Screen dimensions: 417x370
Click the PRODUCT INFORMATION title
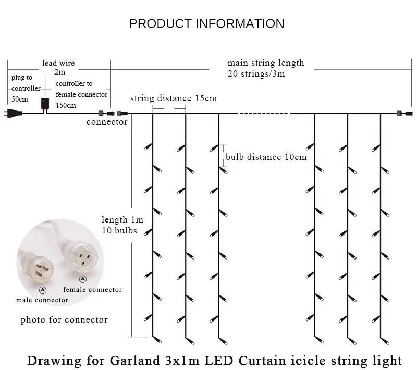point(206,23)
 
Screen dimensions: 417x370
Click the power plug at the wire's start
point(13,113)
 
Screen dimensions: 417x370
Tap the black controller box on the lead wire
point(45,104)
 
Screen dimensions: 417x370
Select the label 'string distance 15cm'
point(174,98)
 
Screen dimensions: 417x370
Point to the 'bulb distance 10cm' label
point(266,157)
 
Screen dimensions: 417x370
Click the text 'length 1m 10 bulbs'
point(122,225)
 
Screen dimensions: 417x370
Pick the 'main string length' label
point(266,63)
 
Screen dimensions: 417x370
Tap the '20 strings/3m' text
point(256,73)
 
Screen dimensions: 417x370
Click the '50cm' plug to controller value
point(20,99)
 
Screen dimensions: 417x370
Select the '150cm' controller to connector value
point(66,105)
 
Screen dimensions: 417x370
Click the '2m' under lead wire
point(59,72)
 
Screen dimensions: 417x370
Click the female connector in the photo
point(80,256)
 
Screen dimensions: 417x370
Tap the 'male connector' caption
point(42,300)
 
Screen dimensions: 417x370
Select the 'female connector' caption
point(93,289)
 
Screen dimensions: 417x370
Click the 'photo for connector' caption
point(64,319)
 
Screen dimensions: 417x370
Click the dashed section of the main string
point(264,114)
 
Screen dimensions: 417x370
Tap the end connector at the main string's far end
point(404,114)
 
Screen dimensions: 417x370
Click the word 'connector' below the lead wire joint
point(107,122)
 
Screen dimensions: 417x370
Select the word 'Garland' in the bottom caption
point(135,361)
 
